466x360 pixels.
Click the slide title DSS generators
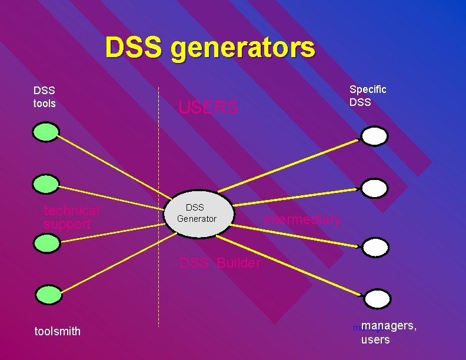pos(210,48)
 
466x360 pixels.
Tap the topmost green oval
pos(46,132)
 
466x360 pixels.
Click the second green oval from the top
pos(46,185)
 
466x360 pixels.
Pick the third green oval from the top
pos(46,242)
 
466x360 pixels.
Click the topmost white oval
pos(375,136)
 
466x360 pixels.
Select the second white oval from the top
pos(375,188)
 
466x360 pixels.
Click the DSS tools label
pos(45,97)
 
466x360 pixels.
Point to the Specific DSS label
pos(368,95)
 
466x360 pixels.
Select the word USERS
pos(208,108)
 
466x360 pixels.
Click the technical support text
pos(72,218)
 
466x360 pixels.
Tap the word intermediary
pos(302,220)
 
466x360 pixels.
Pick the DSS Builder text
pos(219,263)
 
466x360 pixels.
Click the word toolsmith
pos(58,332)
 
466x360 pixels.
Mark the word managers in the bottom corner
pos(389,326)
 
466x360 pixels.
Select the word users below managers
pos(375,340)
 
